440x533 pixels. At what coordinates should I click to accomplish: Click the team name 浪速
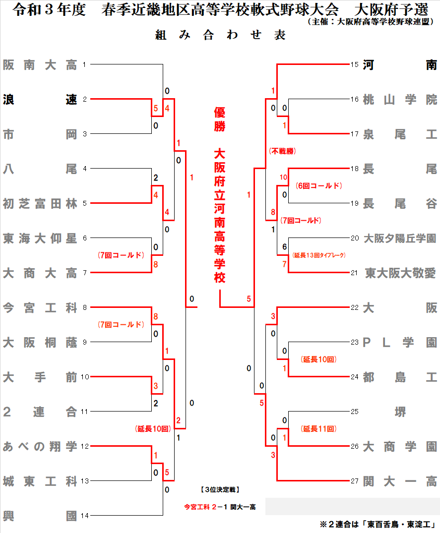click(40, 100)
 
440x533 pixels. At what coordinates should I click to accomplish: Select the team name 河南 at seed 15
click(400, 65)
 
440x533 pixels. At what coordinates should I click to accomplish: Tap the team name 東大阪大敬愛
click(400, 273)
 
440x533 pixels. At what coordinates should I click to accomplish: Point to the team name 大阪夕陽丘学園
click(400, 238)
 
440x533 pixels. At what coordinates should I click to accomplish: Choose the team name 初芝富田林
click(40, 204)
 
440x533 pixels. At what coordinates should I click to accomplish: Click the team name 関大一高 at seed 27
click(400, 481)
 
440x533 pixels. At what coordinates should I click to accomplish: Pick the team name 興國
click(40, 516)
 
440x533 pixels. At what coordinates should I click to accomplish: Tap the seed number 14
click(85, 516)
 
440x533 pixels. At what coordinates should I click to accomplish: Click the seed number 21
click(354, 273)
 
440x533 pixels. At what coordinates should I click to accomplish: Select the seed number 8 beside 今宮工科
click(85, 308)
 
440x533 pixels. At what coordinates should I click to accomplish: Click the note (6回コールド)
click(319, 186)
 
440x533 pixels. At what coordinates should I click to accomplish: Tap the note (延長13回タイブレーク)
click(319, 255)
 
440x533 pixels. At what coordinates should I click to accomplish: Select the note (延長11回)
click(319, 429)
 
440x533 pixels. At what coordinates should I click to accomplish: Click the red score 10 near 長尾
click(284, 177)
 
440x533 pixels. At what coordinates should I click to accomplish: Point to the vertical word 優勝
click(220, 119)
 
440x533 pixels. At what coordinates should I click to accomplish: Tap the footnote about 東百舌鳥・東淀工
click(377, 524)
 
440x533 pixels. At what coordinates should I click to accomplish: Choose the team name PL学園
click(400, 343)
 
